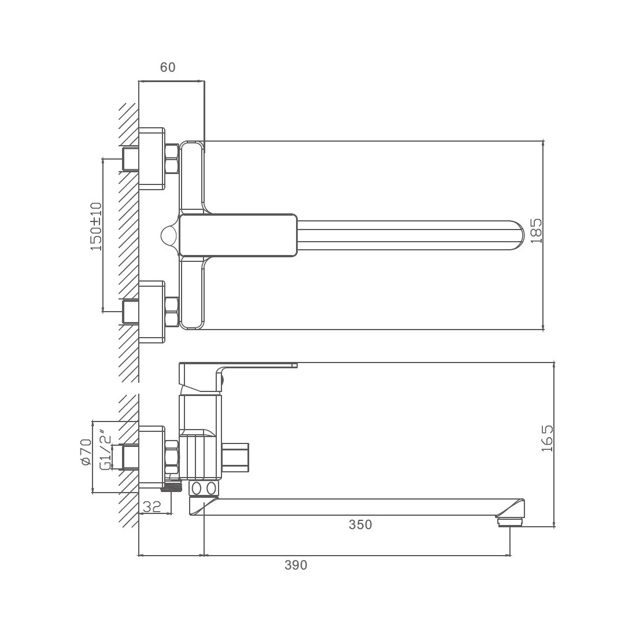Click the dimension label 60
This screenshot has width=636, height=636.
(x=168, y=67)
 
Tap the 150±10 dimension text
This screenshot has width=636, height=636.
(x=97, y=226)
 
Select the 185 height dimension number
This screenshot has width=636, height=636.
(x=536, y=231)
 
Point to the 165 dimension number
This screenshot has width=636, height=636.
(x=547, y=438)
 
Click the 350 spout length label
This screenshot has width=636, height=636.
(x=360, y=524)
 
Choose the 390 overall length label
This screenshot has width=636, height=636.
(x=295, y=565)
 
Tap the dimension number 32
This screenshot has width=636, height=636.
(x=152, y=506)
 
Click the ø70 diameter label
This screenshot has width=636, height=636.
(x=86, y=452)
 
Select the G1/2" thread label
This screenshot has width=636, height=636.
(x=105, y=450)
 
